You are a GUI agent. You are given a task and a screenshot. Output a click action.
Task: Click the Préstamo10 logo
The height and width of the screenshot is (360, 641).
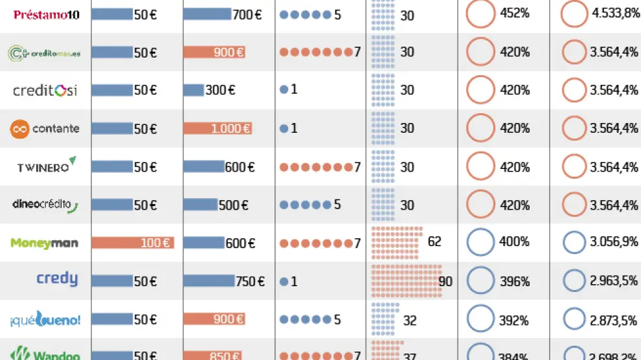tap(47, 15)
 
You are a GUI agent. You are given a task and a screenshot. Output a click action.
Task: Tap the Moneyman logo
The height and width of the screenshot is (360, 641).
tap(45, 243)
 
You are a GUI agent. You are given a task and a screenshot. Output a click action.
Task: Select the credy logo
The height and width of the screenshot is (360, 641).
tap(57, 280)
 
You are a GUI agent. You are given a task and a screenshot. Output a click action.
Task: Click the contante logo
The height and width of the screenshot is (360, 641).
tap(45, 128)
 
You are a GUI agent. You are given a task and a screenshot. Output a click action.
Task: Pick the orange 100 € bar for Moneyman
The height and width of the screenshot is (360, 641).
tap(132, 243)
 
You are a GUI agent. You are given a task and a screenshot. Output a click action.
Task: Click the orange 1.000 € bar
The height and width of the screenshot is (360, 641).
tap(218, 128)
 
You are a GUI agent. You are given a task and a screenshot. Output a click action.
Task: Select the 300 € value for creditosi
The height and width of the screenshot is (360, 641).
tap(220, 90)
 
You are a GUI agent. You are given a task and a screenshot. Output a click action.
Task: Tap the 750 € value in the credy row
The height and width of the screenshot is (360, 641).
tap(251, 282)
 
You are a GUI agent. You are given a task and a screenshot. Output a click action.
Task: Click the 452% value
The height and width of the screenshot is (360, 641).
tap(515, 14)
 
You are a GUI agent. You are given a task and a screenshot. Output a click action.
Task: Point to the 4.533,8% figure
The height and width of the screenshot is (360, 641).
tap(614, 14)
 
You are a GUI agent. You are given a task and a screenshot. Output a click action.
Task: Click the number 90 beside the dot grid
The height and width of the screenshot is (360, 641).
tap(445, 282)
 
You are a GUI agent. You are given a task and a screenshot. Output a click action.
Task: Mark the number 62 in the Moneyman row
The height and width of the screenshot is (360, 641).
tap(434, 242)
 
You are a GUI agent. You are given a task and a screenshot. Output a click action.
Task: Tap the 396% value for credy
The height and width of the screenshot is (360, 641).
tap(515, 282)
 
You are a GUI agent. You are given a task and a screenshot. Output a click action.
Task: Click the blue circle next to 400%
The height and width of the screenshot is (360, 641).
tap(480, 243)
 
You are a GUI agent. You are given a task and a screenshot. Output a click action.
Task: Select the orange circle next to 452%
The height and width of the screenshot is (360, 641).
tap(480, 14)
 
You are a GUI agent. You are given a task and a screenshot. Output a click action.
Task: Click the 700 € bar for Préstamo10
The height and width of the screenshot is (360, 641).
tap(207, 14)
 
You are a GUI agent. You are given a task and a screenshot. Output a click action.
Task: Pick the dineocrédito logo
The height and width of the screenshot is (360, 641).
tap(45, 205)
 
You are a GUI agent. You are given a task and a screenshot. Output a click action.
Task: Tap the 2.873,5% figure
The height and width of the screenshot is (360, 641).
tap(614, 320)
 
